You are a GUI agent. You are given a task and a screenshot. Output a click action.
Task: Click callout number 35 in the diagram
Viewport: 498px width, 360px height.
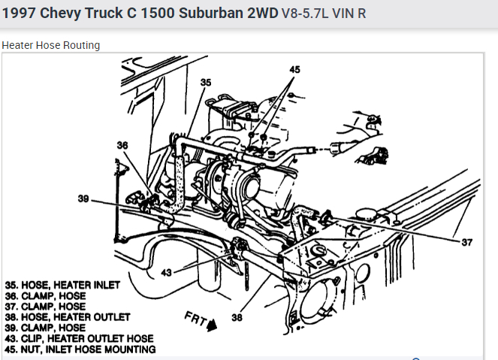click(x=206, y=82)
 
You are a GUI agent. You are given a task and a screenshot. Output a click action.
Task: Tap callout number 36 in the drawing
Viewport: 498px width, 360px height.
click(x=123, y=145)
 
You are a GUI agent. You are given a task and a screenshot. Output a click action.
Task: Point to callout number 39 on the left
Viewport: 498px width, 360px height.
click(x=83, y=199)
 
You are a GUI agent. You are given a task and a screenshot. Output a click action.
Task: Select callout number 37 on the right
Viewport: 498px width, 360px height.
click(x=467, y=242)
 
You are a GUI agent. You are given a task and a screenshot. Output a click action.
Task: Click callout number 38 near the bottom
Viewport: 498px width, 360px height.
click(x=237, y=318)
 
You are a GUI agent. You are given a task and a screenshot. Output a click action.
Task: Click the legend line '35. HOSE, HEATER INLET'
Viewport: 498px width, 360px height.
click(x=59, y=286)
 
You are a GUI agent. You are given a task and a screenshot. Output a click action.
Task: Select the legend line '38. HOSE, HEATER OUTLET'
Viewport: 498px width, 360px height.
click(x=68, y=317)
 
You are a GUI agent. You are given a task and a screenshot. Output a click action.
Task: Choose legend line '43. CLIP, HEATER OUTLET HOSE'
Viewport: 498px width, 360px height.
click(x=79, y=338)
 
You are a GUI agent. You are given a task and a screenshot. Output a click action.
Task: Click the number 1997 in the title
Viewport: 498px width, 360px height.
click(x=20, y=14)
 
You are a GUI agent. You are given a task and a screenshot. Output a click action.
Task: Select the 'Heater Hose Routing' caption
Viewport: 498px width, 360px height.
click(x=51, y=45)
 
